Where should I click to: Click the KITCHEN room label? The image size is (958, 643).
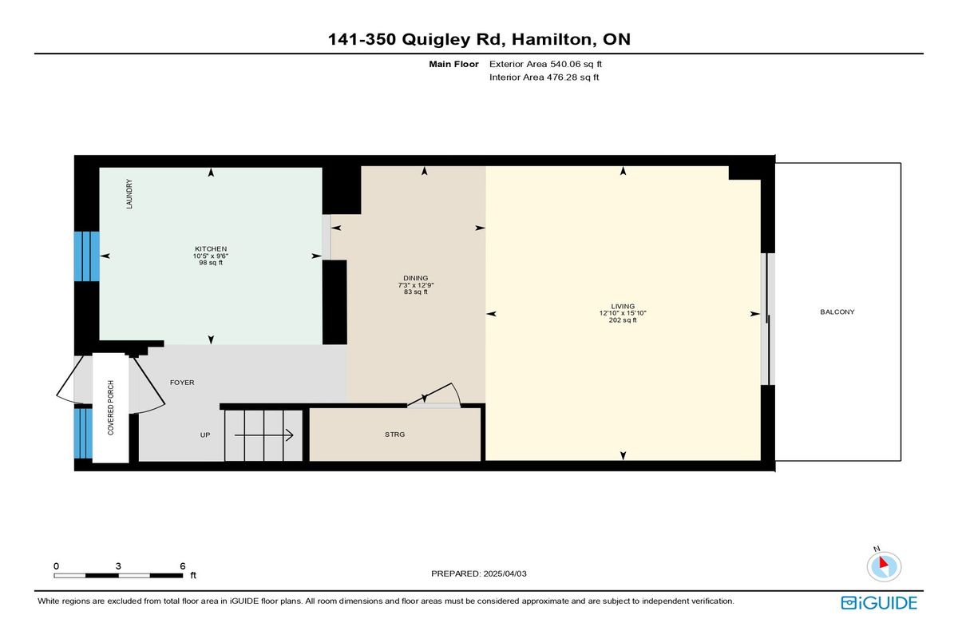point(211,249)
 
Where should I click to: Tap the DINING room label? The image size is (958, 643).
point(416,278)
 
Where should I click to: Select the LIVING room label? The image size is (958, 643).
point(623,306)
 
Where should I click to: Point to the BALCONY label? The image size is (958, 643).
point(837,312)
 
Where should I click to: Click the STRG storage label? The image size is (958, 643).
point(394,435)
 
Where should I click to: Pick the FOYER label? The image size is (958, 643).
point(182,383)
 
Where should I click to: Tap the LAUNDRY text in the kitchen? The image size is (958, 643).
point(129,194)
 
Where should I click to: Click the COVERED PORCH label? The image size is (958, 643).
point(111,407)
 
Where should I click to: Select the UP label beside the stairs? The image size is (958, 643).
point(205,435)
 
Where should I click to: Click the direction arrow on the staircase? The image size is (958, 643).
point(263,435)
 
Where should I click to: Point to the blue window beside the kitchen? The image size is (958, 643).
point(87,256)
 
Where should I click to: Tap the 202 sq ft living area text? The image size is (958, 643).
point(623,320)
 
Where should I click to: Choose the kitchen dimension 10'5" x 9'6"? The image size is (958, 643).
point(211,256)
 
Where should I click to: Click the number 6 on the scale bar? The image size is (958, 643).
point(183,566)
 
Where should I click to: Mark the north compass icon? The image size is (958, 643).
point(884,566)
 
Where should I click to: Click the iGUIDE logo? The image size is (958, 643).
point(879,603)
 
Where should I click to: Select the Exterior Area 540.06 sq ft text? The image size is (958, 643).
point(546,64)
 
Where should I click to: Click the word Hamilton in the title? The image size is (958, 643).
point(552,39)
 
